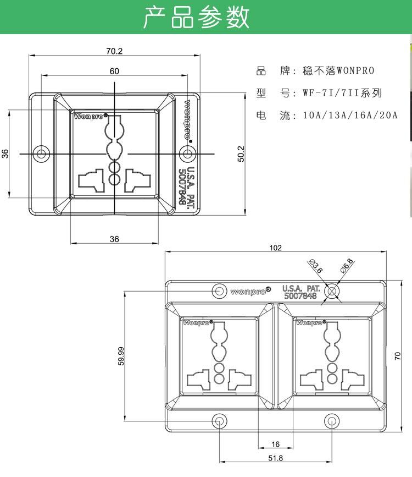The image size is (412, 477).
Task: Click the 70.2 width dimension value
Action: coord(114,51)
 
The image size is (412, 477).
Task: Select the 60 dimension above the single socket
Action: coord(114,71)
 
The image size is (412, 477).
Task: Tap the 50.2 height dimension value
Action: coord(241,154)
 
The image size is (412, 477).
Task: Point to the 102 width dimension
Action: coord(275,248)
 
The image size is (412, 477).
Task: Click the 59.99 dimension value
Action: coord(121,356)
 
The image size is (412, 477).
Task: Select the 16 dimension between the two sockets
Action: coord(275,444)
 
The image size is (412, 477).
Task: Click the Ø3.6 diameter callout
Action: coord(315,266)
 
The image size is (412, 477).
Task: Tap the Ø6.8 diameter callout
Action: coord(347,266)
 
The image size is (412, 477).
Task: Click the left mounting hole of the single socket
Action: coord(41,153)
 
